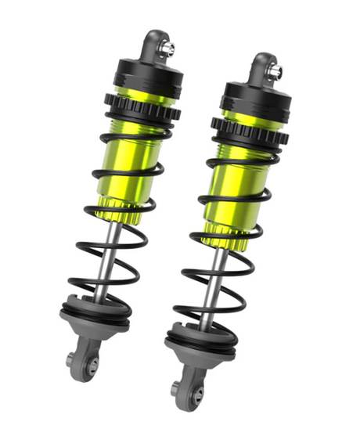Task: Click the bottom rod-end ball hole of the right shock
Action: coord(196,389)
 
